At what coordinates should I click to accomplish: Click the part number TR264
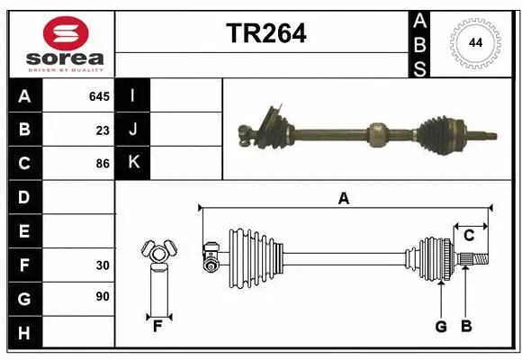pos(265,33)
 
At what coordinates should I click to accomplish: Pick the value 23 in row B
pos(103,130)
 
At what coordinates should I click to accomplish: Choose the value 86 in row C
pos(103,164)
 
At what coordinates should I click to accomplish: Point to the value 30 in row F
pos(103,265)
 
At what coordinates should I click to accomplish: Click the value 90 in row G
pos(103,296)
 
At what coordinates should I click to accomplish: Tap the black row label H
pos(24,333)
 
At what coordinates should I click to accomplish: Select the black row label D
pos(24,197)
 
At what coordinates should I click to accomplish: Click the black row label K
pos(133,163)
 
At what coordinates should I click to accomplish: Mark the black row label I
pos(133,95)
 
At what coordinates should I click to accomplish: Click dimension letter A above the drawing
pos(343,199)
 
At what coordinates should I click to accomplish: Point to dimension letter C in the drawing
pos(469,236)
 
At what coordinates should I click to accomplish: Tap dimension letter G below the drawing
pos(441,327)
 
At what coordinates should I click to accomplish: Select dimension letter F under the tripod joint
pos(157,327)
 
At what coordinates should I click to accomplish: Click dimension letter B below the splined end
pos(466,327)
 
